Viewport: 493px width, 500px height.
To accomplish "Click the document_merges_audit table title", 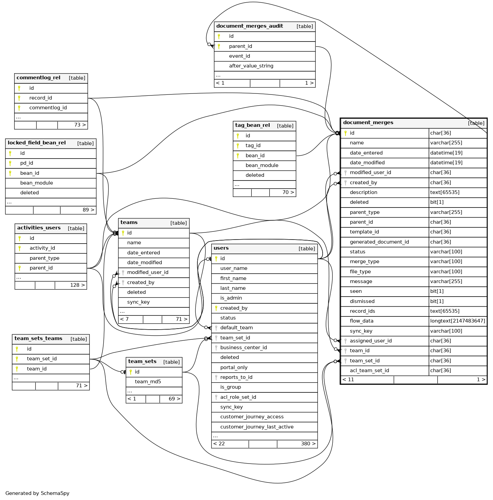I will (x=249, y=26).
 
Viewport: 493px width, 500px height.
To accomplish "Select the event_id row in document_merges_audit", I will (x=239, y=56).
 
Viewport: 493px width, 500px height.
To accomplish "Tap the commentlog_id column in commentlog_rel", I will (x=48, y=108).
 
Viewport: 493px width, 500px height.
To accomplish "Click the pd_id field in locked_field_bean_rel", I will (x=27, y=163).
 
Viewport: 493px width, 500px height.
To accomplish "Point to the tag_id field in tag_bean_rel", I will (x=253, y=145).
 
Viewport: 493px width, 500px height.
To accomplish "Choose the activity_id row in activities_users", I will (x=42, y=248).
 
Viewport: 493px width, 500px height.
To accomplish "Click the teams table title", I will (x=129, y=222).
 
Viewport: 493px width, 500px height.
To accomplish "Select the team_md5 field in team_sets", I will (x=148, y=382).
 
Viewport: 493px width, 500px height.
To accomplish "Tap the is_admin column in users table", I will (x=231, y=298).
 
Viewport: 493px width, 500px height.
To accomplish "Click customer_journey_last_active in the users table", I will (x=257, y=427).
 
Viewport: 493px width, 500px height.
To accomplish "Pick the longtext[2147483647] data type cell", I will (x=457, y=321).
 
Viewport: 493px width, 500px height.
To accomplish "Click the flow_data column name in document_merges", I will (x=361, y=321).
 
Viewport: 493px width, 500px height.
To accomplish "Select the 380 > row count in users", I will (x=308, y=444).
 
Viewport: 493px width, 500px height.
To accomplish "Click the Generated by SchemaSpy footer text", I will (x=37, y=493).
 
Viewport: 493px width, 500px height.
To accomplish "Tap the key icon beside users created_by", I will (x=216, y=308).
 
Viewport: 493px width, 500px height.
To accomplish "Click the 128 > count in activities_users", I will (x=77, y=285).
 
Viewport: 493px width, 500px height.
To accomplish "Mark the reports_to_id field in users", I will (x=236, y=377).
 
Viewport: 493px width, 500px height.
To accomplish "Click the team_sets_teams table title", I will (x=38, y=338).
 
